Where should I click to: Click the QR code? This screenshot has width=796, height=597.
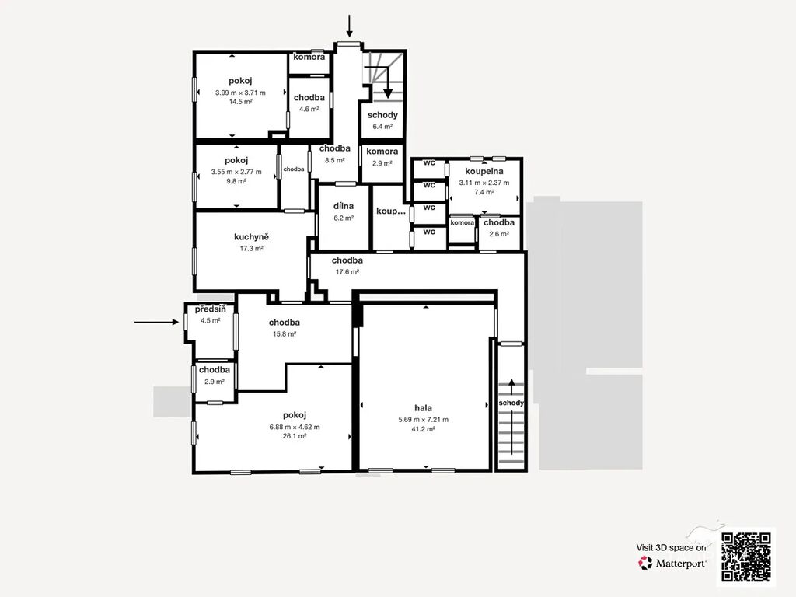click(x=746, y=557)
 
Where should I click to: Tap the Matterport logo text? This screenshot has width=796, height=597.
click(x=680, y=563)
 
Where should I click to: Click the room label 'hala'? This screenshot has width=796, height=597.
click(x=424, y=407)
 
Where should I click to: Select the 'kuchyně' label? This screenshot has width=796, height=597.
click(x=251, y=237)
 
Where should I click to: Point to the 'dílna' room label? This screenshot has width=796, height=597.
click(x=343, y=206)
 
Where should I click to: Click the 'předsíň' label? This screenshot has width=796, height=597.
click(x=210, y=309)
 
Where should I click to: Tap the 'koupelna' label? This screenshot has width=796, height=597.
click(x=484, y=172)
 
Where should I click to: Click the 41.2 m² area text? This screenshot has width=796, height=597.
click(x=424, y=429)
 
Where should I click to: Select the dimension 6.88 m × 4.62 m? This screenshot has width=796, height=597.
click(x=295, y=427)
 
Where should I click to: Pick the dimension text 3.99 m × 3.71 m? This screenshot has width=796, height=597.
click(x=240, y=93)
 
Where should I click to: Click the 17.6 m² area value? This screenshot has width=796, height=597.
click(x=347, y=271)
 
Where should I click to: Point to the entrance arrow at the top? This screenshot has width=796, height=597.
click(x=349, y=26)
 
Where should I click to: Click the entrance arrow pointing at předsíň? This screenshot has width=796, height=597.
click(x=156, y=322)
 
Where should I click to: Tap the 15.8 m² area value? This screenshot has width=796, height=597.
click(x=285, y=334)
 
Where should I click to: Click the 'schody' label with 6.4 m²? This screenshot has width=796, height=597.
click(x=382, y=115)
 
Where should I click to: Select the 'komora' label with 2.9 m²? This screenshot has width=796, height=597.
click(x=382, y=152)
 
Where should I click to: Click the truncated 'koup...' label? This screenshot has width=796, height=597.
click(x=391, y=211)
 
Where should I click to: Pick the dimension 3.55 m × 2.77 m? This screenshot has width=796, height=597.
click(x=236, y=172)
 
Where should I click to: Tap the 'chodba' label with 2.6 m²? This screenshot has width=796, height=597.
click(x=499, y=222)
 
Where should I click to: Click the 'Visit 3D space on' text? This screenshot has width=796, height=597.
click(x=671, y=548)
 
